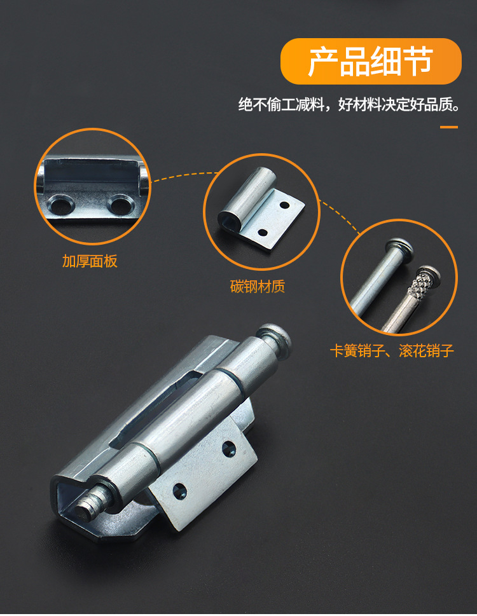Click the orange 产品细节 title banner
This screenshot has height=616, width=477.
[x=371, y=61]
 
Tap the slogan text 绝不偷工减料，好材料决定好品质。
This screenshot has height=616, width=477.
[x=349, y=105]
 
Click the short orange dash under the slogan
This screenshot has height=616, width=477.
[x=449, y=127]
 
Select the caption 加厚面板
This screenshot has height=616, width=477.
[x=90, y=261]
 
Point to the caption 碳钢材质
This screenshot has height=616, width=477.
[x=258, y=286]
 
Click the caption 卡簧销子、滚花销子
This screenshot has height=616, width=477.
[x=392, y=351]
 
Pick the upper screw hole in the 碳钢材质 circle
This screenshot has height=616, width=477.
[x=284, y=206]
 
